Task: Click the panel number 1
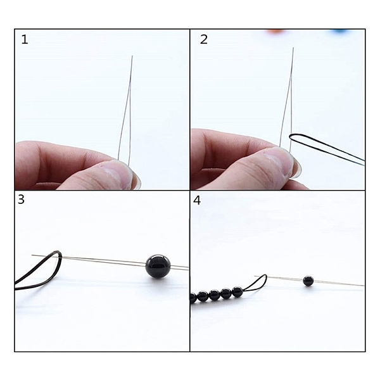[25, 39]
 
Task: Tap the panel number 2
[204, 39]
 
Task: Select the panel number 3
[21, 199]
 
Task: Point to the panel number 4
[197, 200]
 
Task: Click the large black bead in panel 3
[158, 266]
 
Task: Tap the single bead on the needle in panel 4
[308, 281]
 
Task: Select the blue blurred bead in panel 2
[339, 31]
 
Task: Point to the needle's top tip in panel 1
[132, 56]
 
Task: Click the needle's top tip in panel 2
[293, 47]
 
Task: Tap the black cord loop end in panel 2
[291, 137]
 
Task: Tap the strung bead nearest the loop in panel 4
[237, 292]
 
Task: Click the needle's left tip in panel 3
[32, 255]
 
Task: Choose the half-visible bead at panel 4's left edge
[193, 298]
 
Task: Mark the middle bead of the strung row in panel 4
[214, 295]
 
